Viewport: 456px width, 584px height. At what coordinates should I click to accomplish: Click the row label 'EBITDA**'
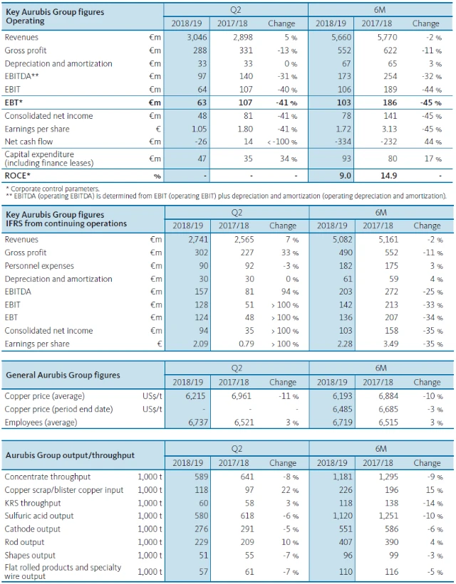point(23,76)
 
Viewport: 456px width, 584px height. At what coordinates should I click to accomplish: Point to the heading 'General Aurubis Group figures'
point(63,375)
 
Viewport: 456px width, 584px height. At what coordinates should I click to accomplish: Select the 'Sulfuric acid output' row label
point(41,516)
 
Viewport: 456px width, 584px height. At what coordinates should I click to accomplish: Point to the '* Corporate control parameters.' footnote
point(51,189)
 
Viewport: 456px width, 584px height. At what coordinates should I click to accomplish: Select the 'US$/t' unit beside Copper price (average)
point(152,395)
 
